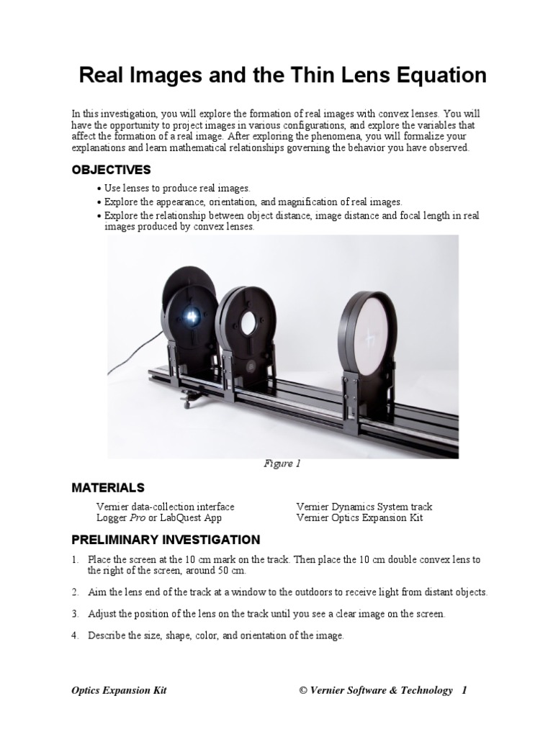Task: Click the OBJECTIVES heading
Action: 111,170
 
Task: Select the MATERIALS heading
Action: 108,488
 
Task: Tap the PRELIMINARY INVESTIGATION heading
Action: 166,540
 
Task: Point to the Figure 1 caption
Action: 282,464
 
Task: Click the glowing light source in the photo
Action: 192,314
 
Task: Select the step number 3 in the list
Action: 75,615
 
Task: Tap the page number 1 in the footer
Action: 464,691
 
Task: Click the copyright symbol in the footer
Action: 303,691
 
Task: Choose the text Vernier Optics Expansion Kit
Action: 359,517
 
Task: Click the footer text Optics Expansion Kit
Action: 119,691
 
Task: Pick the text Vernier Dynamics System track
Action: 364,507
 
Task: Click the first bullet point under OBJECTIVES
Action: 99,188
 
